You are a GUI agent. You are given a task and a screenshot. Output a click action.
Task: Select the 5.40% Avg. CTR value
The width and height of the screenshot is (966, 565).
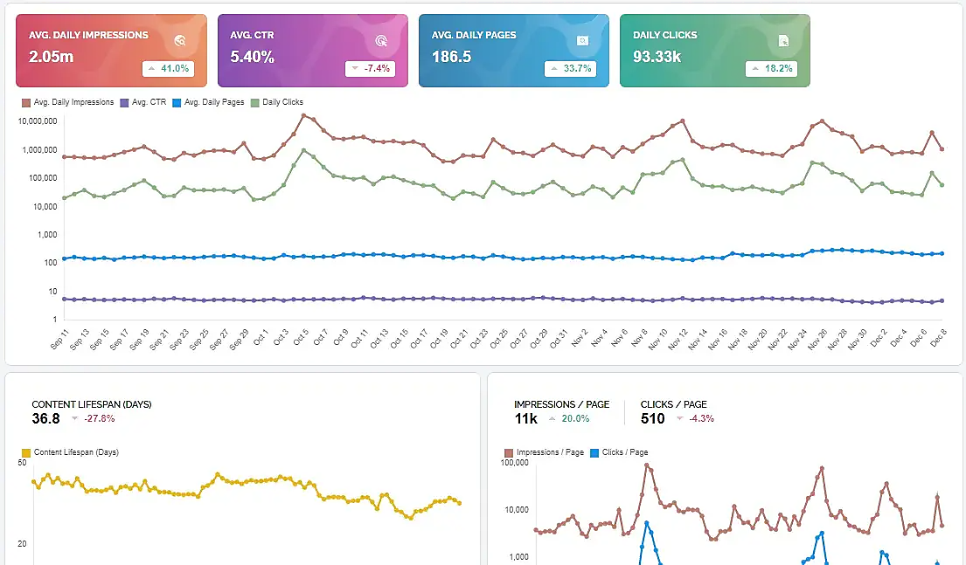tap(253, 57)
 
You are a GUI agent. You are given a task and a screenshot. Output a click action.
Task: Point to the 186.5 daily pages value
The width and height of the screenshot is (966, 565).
tap(451, 57)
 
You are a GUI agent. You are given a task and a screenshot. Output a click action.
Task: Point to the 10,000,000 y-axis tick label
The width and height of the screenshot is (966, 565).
tap(38, 121)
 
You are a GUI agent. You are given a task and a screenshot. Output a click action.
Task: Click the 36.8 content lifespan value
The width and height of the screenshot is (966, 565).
tap(45, 418)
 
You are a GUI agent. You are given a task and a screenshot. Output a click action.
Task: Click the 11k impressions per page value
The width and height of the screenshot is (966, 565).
tap(526, 418)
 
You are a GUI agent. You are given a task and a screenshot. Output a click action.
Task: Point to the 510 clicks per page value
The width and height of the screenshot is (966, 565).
tap(653, 418)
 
